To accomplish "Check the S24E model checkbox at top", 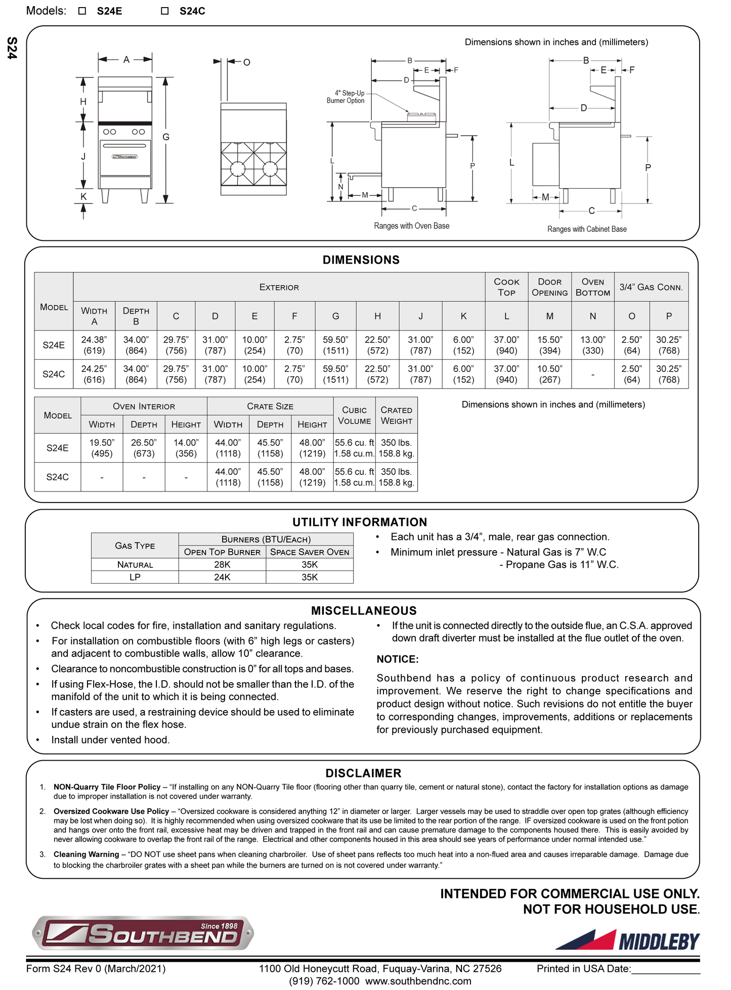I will pos(82,11).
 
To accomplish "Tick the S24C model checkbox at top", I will pos(164,11).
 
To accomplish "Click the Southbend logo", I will pos(143,932).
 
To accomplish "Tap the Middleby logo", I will pos(627,940).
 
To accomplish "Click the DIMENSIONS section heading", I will pos(361,260).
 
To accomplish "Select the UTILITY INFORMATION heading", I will pos(360,522).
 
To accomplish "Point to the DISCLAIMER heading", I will pos(363,773).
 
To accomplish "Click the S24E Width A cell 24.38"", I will pos(94,345).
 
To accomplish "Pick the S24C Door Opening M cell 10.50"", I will pos(549,374).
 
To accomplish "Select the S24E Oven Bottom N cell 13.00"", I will pos(592,345).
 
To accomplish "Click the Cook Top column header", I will pos(506,287).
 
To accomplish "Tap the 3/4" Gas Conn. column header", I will pos(651,287).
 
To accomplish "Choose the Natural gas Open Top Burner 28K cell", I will pos(222,564).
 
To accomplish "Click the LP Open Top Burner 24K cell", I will pos(222,577).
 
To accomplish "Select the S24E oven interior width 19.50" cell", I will pos(102,448).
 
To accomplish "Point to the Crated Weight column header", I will pos(396,416).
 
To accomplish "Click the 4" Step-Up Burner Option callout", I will pos(346,97).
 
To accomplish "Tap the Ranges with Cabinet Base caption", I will pos(587,229).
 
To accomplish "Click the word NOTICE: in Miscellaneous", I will pos(398,659).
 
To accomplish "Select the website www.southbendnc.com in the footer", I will pos(418,981).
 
